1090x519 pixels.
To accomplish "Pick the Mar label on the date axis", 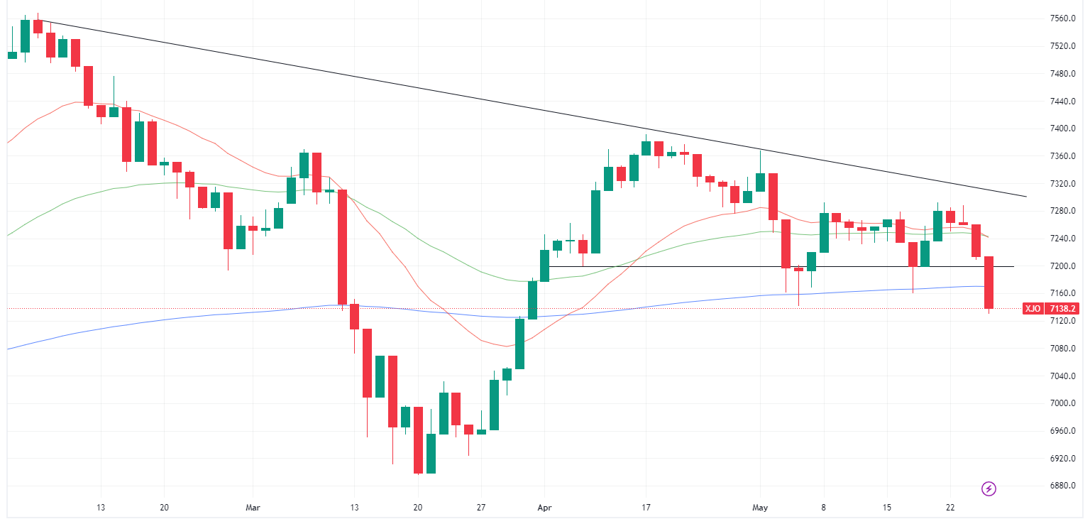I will click(253, 508).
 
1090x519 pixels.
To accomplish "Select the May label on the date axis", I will click(760, 508).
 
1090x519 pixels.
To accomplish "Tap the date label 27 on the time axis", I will click(481, 508).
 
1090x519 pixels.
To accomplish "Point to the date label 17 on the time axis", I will click(646, 508).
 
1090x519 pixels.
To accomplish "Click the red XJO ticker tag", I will click(1033, 309).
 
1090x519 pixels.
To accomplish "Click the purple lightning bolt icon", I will click(989, 488).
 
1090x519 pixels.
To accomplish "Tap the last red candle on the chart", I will click(989, 283).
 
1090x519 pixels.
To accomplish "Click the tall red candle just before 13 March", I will click(342, 247).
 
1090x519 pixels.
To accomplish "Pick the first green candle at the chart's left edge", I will click(12, 55).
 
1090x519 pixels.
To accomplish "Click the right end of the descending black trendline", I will click(1026, 197).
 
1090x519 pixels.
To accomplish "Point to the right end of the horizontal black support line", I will click(1013, 266).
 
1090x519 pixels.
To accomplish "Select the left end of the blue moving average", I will click(7, 349).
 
